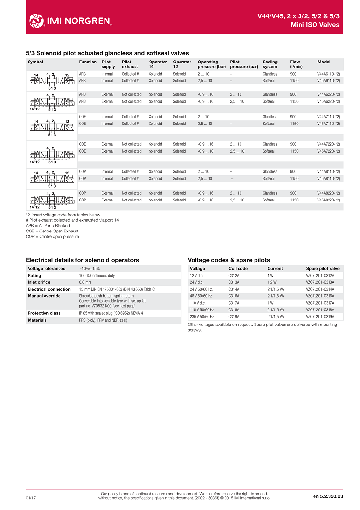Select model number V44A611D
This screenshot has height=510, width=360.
(x=329, y=74)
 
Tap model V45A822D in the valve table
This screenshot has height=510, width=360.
(x=329, y=200)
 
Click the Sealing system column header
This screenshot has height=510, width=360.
(x=270, y=64)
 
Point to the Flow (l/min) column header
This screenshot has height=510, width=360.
(x=296, y=64)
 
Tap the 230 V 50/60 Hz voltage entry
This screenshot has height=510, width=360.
(x=202, y=316)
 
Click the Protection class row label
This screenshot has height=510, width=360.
(x=44, y=313)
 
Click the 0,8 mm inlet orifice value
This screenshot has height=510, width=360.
(x=85, y=282)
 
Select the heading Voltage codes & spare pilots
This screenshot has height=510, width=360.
(x=228, y=260)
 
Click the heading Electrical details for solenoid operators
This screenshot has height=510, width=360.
(x=82, y=260)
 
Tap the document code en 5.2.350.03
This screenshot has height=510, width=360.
(x=328, y=496)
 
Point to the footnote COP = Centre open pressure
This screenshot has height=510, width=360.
(x=52, y=236)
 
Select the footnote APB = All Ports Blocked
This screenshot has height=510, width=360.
(x=47, y=226)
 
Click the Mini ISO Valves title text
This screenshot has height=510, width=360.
(x=315, y=25)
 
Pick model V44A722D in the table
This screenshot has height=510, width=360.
(x=329, y=144)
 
